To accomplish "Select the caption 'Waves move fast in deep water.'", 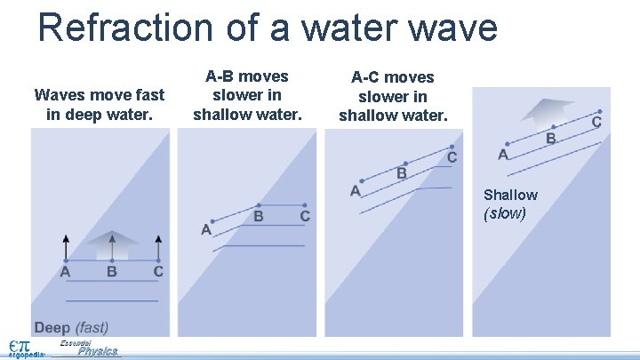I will (100, 104).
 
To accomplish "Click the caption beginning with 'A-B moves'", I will (248, 95).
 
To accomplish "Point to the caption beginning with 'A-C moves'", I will (393, 97).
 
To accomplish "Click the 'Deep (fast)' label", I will (71, 327).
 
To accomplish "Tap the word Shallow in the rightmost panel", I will (510, 195).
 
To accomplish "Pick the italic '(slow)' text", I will (505, 213).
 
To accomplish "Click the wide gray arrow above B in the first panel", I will (112, 244).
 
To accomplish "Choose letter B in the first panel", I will (112, 271).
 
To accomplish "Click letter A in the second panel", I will (206, 230).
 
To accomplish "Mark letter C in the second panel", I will (305, 216).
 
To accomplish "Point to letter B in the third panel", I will (402, 173).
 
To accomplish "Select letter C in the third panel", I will (452, 157).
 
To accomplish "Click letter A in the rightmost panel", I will (503, 155).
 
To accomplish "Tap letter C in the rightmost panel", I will (596, 121).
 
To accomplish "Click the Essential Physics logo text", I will (93, 348).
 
